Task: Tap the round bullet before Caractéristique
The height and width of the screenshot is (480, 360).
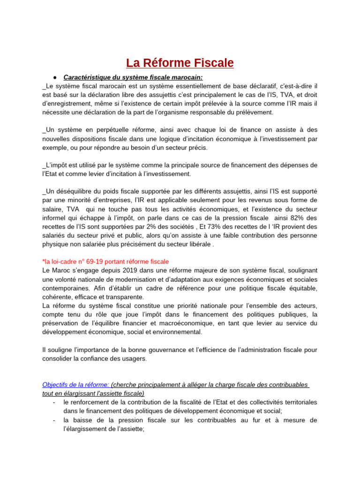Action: point(55,77)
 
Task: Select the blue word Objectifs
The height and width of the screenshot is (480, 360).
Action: point(56,384)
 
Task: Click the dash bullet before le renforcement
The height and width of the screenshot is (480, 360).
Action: point(55,402)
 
